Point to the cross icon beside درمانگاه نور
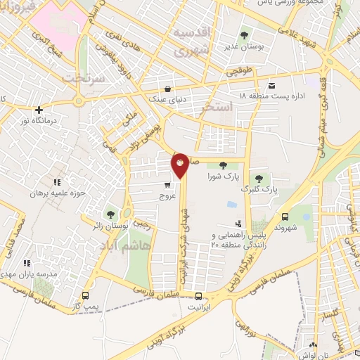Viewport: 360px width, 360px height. (x=39, y=110)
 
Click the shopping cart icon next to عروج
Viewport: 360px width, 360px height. (x=167, y=186)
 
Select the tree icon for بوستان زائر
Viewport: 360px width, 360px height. (x=110, y=214)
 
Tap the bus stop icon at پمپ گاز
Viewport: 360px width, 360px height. (x=86, y=295)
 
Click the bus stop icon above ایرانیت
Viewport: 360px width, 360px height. (x=199, y=296)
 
